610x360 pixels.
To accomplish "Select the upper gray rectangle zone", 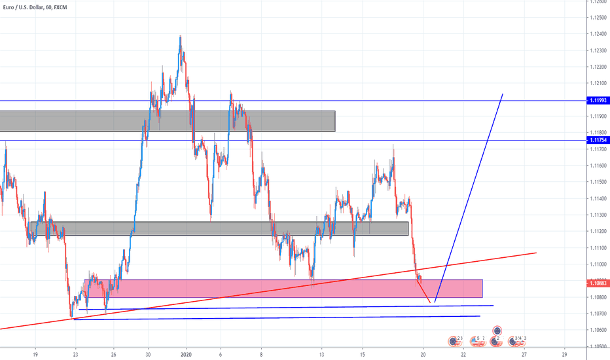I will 168,120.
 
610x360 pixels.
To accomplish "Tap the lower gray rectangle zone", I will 219,228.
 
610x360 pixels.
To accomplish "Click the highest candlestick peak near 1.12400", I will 181,37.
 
